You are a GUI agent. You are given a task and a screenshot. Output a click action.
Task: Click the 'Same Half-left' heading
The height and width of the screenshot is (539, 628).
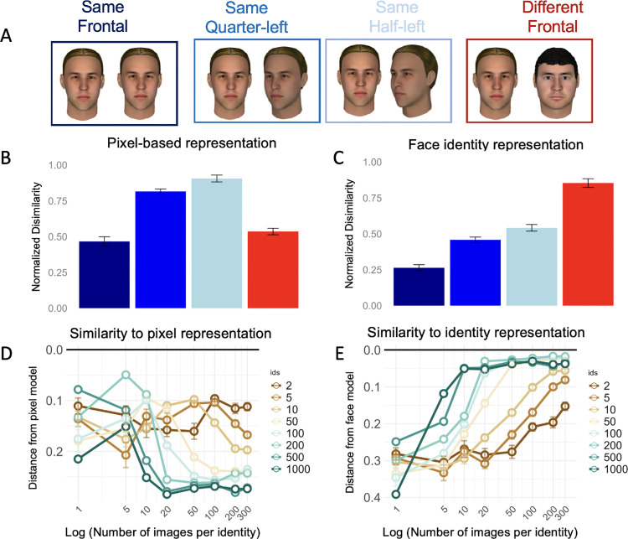click(x=389, y=19)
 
